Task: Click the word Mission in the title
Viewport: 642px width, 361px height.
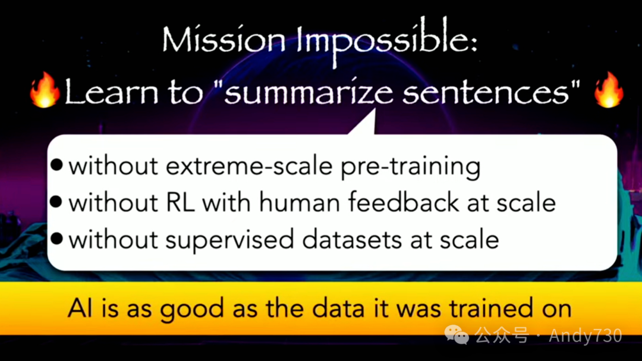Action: click(x=224, y=40)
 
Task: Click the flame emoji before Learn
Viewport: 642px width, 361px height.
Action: click(x=45, y=90)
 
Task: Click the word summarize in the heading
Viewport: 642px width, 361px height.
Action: click(x=309, y=92)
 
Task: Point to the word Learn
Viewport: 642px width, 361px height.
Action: click(x=111, y=91)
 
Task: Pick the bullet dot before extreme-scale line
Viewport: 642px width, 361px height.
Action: click(x=56, y=165)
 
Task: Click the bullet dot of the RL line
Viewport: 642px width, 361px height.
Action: click(x=56, y=202)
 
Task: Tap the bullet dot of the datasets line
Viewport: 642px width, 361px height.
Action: click(x=56, y=238)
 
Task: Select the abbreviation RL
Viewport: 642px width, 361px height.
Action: click(x=180, y=202)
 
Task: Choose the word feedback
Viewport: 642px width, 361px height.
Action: click(x=403, y=202)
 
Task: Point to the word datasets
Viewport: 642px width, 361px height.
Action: click(x=352, y=239)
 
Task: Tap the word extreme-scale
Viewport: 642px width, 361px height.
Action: click(x=249, y=166)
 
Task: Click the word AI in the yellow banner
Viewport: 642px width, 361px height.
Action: click(x=80, y=307)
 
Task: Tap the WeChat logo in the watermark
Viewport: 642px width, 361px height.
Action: click(x=457, y=334)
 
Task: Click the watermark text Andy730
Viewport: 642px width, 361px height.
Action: click(x=586, y=335)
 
